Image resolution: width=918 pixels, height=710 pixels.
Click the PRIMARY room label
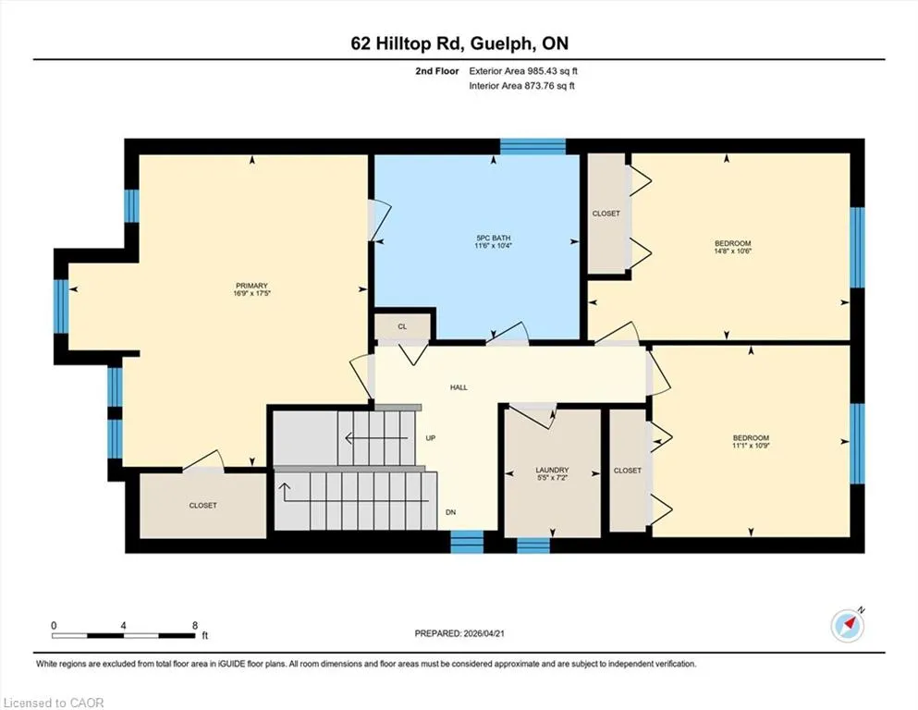point(251,286)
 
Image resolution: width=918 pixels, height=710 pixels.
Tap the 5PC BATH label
point(494,239)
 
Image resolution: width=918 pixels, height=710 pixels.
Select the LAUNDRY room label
point(552,470)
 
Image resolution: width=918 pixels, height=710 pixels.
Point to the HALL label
point(459,387)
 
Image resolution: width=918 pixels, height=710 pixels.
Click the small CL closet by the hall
point(402,326)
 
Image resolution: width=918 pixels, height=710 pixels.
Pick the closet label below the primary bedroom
point(203,505)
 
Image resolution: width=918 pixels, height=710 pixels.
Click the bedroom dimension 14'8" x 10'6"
point(732,251)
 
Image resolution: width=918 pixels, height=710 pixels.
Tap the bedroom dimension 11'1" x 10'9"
point(751,445)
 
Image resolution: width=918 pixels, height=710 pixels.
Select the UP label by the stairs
point(430,438)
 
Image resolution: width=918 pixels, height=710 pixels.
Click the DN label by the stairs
point(450,512)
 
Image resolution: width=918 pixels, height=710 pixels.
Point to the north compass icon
point(847,626)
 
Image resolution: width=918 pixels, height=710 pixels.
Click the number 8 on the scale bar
point(195,625)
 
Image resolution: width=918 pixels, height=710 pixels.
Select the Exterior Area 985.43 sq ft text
point(523,71)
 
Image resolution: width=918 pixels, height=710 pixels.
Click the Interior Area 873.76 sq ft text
point(521,85)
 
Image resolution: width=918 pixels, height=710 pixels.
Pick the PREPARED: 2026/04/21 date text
point(459,633)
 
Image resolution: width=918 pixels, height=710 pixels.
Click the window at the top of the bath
point(532,146)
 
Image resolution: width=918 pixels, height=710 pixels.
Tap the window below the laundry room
point(533,545)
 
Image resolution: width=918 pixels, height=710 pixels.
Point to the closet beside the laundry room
point(628,471)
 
